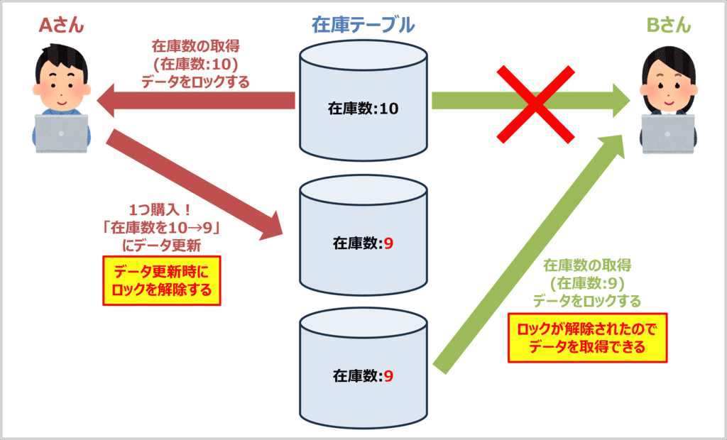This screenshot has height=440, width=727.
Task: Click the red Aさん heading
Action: [61, 26]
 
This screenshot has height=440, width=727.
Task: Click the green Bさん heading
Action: [667, 26]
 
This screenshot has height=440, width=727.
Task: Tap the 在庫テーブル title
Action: [363, 26]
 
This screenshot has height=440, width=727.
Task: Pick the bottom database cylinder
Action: [363, 369]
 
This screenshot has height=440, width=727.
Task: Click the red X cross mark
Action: [535, 104]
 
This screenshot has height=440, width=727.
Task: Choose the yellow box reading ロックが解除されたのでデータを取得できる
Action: [588, 338]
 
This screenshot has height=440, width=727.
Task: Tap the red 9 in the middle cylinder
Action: [388, 243]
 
